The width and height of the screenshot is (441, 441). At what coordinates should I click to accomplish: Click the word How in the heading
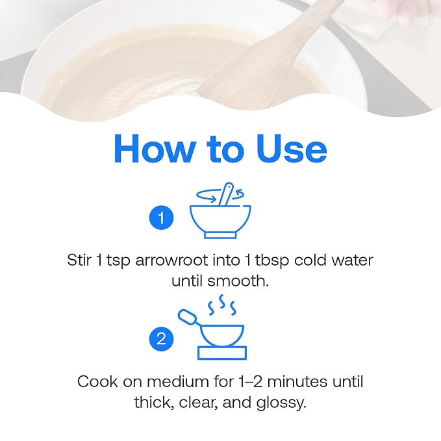(x=155, y=149)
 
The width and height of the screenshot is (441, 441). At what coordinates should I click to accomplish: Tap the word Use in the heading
(x=292, y=149)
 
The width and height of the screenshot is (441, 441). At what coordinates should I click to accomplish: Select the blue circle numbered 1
(x=162, y=218)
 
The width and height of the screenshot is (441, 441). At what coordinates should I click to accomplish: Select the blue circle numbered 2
(x=162, y=338)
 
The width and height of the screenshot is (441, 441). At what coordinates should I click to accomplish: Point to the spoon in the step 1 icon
(x=226, y=194)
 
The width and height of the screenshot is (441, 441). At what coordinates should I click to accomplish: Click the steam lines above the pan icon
(x=222, y=305)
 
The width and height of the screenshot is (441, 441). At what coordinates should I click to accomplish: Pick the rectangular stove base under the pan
(x=222, y=353)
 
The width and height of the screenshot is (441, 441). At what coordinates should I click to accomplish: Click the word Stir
(x=79, y=260)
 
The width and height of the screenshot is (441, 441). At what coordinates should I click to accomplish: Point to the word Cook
(x=97, y=382)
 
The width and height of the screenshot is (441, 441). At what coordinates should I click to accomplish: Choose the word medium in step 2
(x=178, y=382)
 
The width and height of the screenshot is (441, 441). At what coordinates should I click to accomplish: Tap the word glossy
(x=281, y=403)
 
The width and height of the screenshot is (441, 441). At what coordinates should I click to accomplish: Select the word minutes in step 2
(x=297, y=382)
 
